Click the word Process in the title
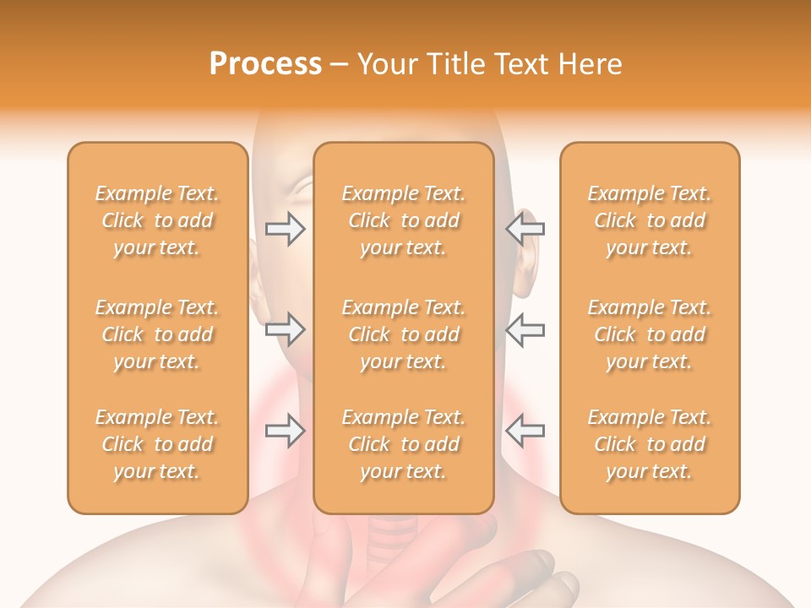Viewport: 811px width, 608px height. pyautogui.click(x=265, y=64)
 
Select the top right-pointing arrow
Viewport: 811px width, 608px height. pyautogui.click(x=286, y=228)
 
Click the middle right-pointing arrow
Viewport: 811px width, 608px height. pyautogui.click(x=286, y=329)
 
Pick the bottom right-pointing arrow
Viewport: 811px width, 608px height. pyautogui.click(x=286, y=431)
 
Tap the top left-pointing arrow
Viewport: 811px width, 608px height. pyautogui.click(x=525, y=228)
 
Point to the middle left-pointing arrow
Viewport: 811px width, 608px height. pyautogui.click(x=525, y=329)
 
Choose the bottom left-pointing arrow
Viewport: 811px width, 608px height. pyautogui.click(x=525, y=431)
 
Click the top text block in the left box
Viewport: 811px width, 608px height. pyautogui.click(x=157, y=220)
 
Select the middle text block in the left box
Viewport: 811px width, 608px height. pyautogui.click(x=157, y=334)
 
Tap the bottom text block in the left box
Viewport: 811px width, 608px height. pyautogui.click(x=157, y=444)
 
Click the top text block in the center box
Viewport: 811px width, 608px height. pyautogui.click(x=404, y=220)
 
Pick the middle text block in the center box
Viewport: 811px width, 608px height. pyautogui.click(x=404, y=334)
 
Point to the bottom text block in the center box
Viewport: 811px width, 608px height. pyautogui.click(x=404, y=444)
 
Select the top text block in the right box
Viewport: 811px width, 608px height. pyautogui.click(x=650, y=220)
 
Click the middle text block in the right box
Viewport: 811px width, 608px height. pyautogui.click(x=650, y=334)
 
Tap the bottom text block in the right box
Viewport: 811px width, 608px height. pyautogui.click(x=650, y=444)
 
